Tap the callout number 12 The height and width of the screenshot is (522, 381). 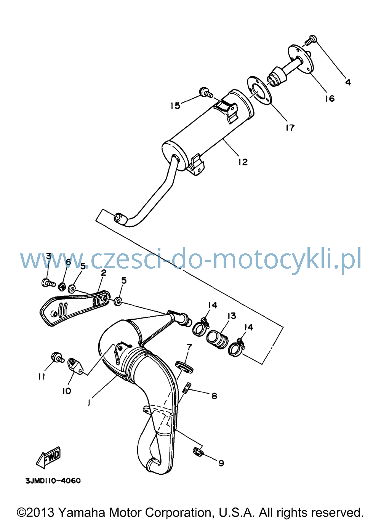coord(243,162)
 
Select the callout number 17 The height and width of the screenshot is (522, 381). coord(290,128)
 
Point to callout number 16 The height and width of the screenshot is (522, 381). coord(330,99)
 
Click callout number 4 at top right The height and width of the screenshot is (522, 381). coord(348,82)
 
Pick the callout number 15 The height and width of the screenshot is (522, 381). coord(175,106)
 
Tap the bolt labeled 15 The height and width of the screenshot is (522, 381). coord(206,92)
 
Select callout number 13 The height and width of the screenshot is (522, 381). coord(232,316)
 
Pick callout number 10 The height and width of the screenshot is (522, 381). coord(67,391)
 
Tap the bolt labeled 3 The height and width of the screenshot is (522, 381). coord(48,283)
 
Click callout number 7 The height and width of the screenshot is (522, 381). coord(189,347)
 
